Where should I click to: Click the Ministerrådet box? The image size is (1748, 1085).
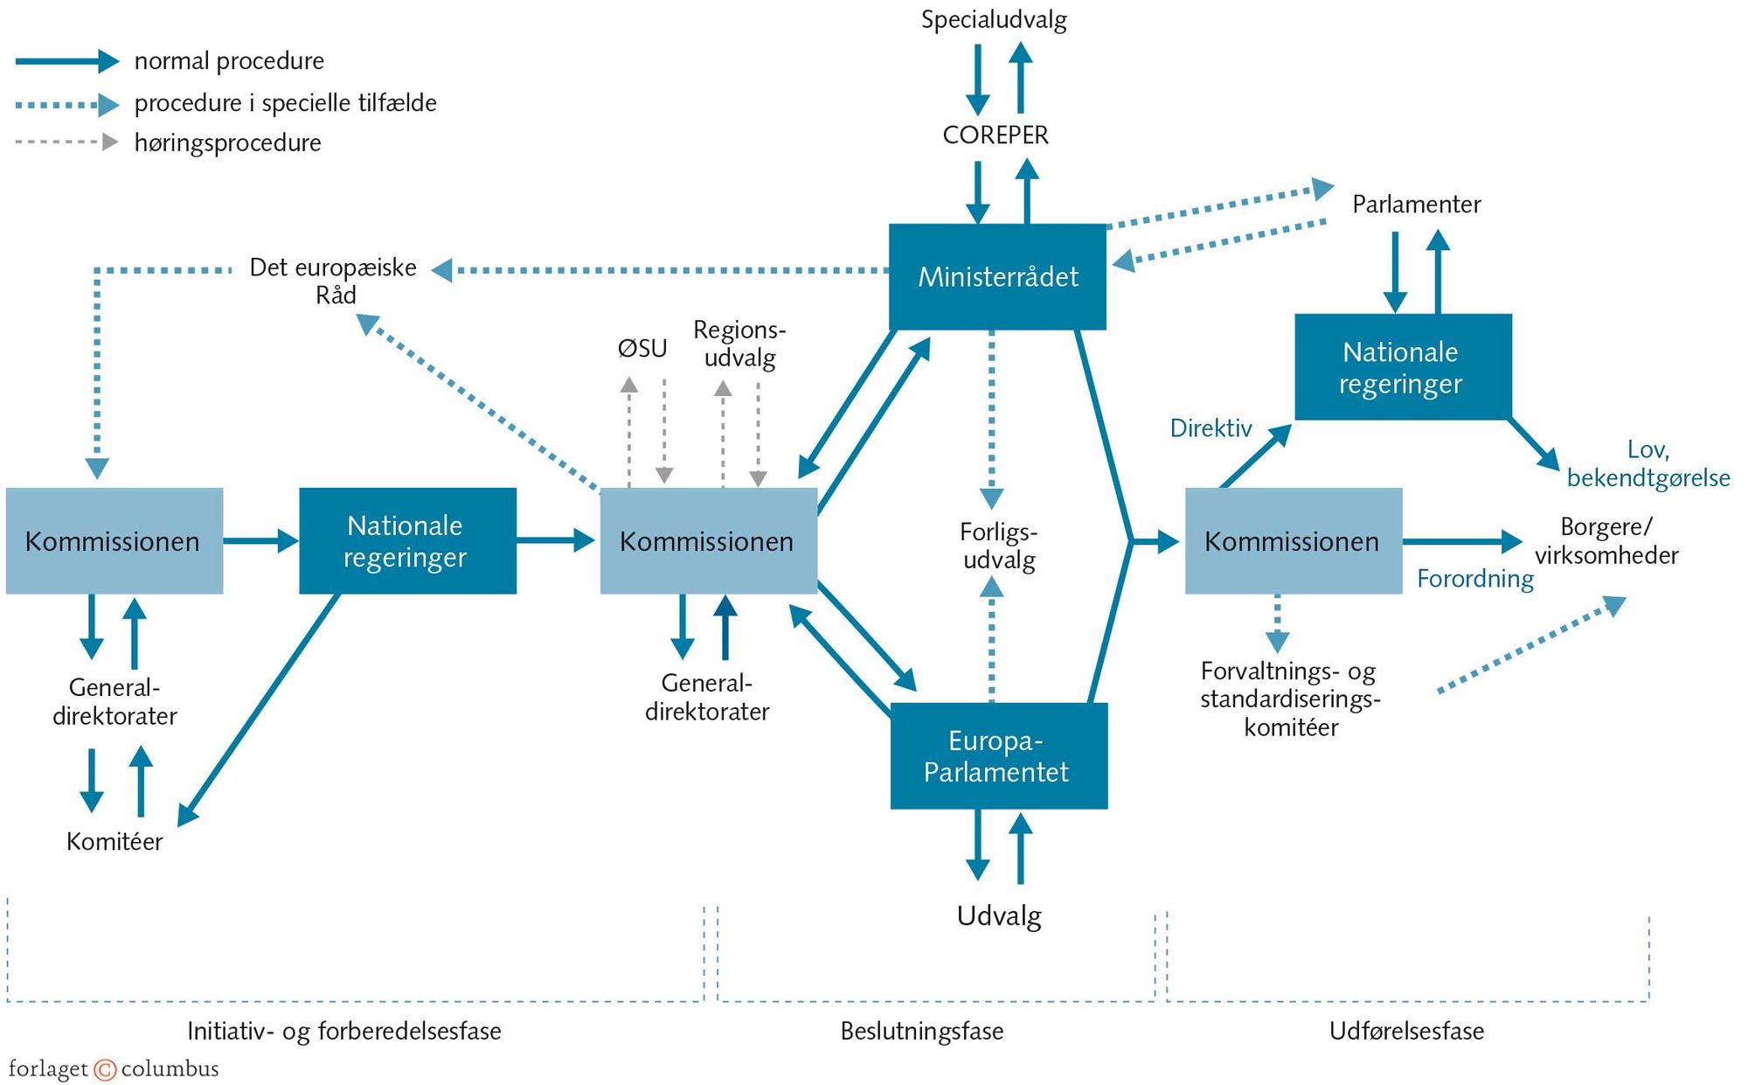click(x=997, y=277)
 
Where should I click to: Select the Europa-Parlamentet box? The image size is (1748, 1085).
click(x=998, y=756)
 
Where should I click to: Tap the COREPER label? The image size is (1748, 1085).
click(x=995, y=136)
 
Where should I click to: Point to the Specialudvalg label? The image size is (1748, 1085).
click(x=994, y=20)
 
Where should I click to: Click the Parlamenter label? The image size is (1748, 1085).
click(x=1416, y=205)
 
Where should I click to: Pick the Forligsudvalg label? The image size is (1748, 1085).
click(x=998, y=546)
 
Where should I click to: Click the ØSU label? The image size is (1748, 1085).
click(x=642, y=349)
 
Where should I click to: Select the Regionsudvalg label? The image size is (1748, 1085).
click(x=739, y=344)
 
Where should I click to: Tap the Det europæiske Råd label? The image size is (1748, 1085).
click(x=334, y=281)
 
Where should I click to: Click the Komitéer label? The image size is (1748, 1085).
click(x=114, y=842)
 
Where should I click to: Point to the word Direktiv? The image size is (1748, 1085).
click(x=1210, y=428)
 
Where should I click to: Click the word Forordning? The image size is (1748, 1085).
click(x=1475, y=579)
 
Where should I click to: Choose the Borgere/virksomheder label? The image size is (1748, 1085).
click(x=1606, y=541)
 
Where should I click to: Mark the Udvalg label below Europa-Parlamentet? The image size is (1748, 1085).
click(x=999, y=916)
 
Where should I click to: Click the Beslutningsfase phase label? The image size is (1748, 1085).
click(x=921, y=1032)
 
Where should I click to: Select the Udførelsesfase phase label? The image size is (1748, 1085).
click(x=1406, y=1032)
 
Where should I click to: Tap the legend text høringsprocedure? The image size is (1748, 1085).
click(x=228, y=143)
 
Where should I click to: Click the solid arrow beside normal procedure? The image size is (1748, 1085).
click(x=67, y=61)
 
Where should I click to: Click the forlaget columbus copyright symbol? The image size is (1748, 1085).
click(x=105, y=1069)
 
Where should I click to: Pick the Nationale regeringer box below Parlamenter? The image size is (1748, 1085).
click(x=1402, y=367)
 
